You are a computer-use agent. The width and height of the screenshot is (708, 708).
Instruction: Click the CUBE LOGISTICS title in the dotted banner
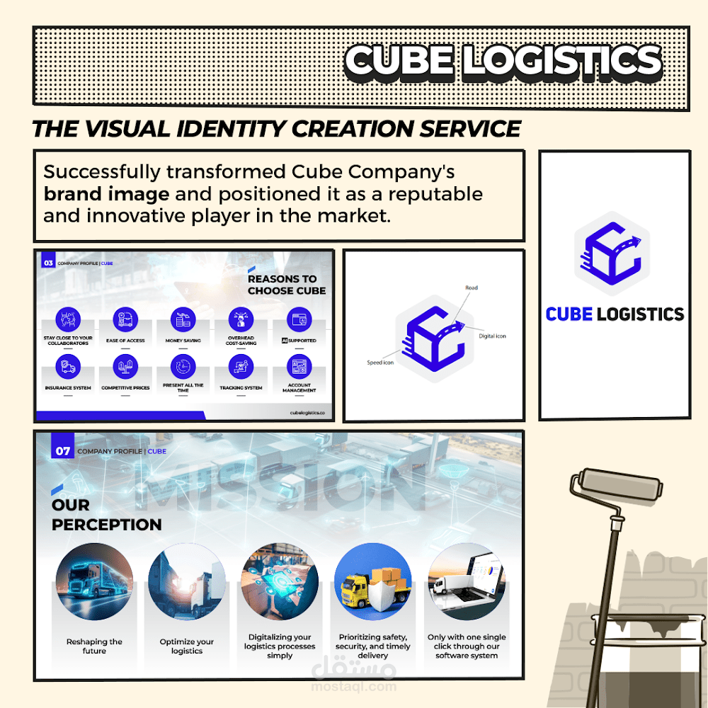coord(503,61)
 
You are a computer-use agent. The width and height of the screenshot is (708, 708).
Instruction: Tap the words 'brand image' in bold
coord(106,194)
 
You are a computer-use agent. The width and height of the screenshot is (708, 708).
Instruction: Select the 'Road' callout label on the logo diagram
coord(472,288)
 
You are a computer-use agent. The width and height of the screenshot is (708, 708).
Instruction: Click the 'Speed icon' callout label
coord(380,362)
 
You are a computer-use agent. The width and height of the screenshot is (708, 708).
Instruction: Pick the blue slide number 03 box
coord(48,263)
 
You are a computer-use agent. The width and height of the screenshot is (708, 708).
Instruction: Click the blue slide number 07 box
coord(63,451)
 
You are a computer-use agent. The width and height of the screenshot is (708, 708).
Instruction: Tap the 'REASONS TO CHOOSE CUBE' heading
coord(287,285)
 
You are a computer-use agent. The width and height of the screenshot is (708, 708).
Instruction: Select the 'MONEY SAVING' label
coord(183,341)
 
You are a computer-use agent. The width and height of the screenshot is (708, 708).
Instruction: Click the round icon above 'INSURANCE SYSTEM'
coord(68,366)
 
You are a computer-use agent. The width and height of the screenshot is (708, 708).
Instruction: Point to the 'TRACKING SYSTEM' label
coord(241,388)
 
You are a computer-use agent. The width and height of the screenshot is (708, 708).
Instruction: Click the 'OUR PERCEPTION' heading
coord(106,515)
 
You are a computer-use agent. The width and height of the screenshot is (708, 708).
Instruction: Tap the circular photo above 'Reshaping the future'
coord(94,581)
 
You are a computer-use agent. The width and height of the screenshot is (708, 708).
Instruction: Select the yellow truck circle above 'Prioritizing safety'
coord(373,581)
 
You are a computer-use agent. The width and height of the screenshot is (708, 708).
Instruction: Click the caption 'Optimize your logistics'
coord(187,646)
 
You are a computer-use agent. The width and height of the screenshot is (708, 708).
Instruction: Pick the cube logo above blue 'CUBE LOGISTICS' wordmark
coord(612,253)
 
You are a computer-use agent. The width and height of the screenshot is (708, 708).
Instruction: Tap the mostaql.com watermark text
coord(352,686)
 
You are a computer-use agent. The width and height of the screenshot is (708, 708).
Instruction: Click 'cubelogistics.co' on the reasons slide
coord(307,412)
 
